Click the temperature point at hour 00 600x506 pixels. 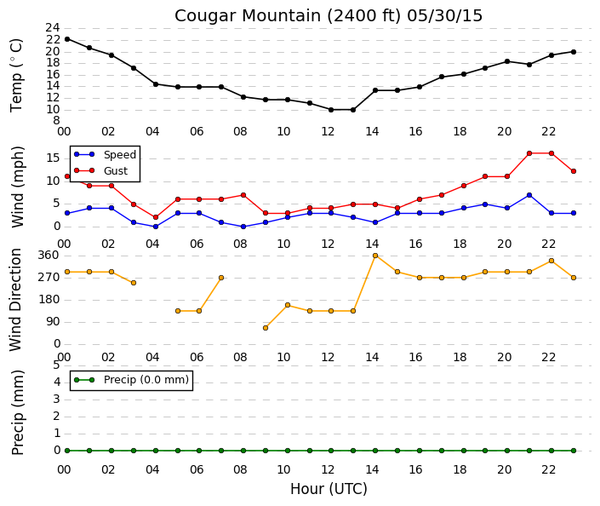67,39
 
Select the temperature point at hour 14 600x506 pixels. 375,90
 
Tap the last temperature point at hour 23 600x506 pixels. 574,52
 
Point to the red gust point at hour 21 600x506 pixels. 529,153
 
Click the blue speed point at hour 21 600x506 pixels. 529,195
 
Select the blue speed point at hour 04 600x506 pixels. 156,227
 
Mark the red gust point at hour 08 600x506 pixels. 243,195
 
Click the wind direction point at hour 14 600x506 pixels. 375,256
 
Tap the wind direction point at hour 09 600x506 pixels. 266,328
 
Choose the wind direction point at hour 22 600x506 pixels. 551,261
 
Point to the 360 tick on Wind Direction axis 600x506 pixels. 49,255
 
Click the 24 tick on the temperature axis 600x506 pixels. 53,27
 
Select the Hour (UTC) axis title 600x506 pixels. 329,489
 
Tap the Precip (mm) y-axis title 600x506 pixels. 18,412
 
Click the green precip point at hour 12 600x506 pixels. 331,451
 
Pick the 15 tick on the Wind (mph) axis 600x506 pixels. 53,158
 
